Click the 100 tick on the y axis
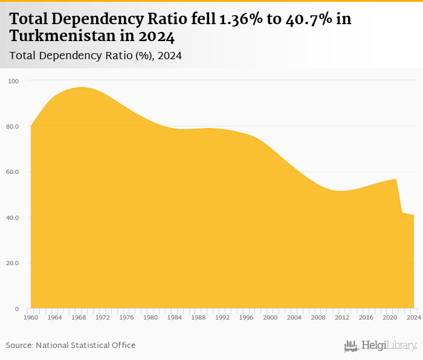pyautogui.click(x=13, y=81)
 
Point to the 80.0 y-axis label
pyautogui.click(x=13, y=126)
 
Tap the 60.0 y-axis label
pyautogui.click(x=13, y=172)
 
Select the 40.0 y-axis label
pyautogui.click(x=13, y=217)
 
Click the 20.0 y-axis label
pyautogui.click(x=13, y=263)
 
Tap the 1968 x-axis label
pyautogui.click(x=79, y=317)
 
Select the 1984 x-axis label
pyautogui.click(x=175, y=317)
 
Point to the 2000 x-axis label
pyautogui.click(x=270, y=317)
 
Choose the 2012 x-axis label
pyautogui.click(x=342, y=317)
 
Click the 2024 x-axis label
pyautogui.click(x=414, y=317)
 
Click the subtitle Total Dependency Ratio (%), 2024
pyautogui.click(x=96, y=56)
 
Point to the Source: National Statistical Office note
pyautogui.click(x=71, y=346)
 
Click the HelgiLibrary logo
pyautogui.click(x=380, y=346)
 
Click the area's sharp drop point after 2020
pyautogui.click(x=396, y=180)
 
